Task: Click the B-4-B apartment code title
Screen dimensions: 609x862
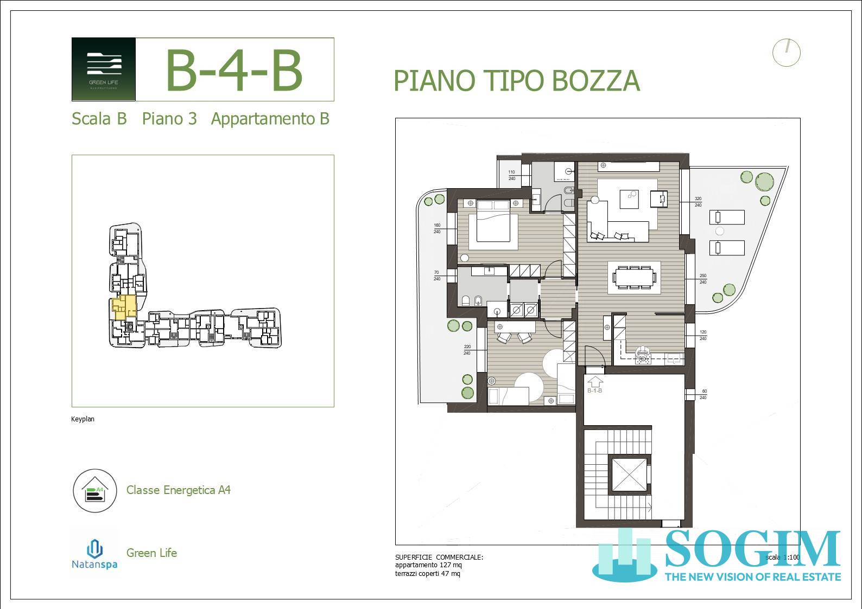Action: pos(233,70)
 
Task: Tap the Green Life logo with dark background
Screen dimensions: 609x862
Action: pos(104,69)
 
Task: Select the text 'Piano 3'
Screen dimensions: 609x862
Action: pos(169,119)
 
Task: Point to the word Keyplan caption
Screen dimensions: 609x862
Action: pos(83,419)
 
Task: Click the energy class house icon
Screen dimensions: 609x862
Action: pos(95,491)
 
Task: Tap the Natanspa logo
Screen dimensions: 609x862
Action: pos(95,553)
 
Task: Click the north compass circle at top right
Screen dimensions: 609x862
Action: pos(786,53)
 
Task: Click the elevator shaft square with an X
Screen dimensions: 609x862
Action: pos(630,475)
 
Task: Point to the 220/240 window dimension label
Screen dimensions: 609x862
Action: pos(467,350)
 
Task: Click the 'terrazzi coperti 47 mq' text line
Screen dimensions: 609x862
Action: pos(428,574)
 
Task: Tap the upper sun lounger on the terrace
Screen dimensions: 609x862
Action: pos(727,218)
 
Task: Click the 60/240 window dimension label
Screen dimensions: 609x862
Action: pos(704,394)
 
